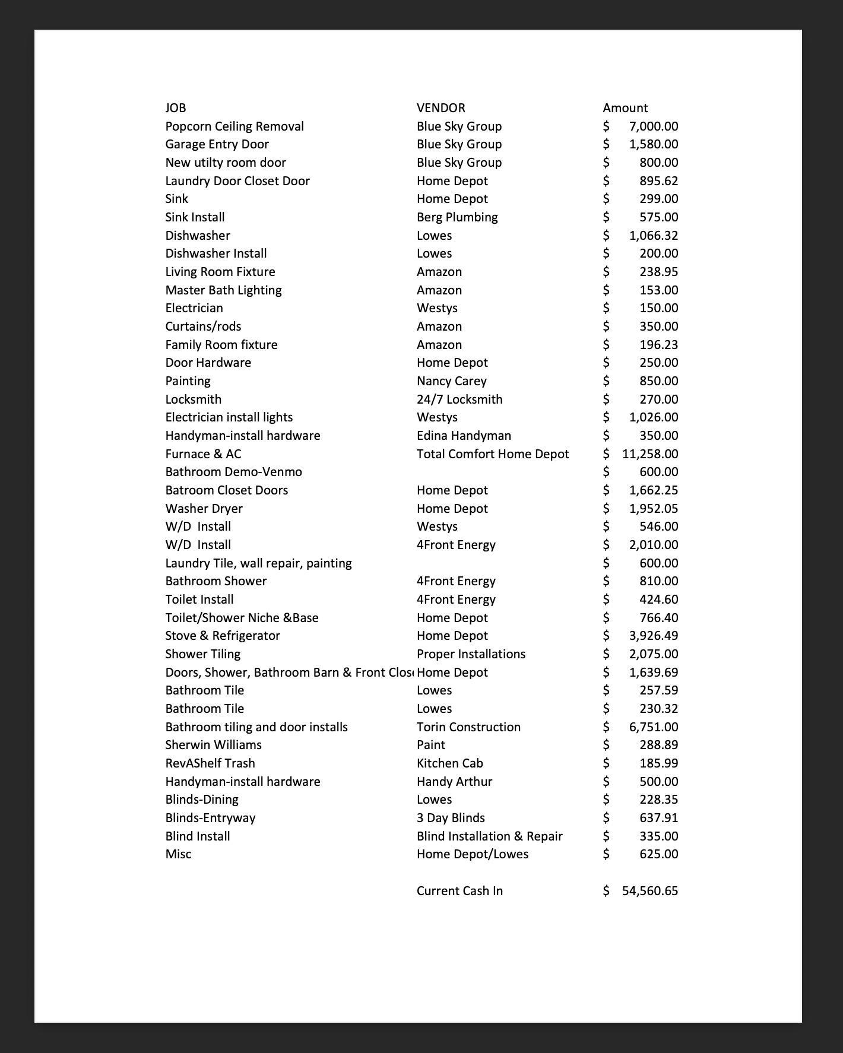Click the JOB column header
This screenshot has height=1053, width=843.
[175, 108]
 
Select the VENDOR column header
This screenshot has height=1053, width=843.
[440, 108]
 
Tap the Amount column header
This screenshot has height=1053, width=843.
[625, 108]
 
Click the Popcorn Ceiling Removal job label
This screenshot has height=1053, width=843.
[234, 126]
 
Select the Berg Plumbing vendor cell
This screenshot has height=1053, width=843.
[457, 217]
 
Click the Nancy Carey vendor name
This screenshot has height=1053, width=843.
[451, 381]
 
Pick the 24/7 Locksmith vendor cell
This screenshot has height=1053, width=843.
[459, 399]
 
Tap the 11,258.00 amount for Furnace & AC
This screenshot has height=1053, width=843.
[650, 454]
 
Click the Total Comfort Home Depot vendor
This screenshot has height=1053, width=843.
[493, 454]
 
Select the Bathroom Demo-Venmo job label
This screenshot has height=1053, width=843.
[233, 472]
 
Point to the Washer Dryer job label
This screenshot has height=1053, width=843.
[204, 509]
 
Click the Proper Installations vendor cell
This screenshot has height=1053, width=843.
[471, 654]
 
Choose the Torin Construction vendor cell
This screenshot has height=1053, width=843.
[468, 727]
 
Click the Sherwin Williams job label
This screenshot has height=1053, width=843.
[213, 745]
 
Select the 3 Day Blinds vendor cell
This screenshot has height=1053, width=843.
[451, 818]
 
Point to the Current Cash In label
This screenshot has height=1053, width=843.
[459, 891]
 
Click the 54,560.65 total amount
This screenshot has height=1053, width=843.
[650, 891]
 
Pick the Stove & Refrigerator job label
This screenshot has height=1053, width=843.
[223, 636]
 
